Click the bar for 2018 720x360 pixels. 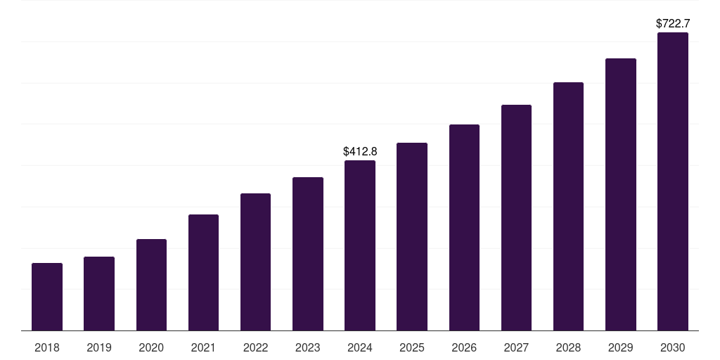click(47, 297)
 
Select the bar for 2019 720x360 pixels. click(99, 293)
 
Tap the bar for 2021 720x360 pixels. click(203, 273)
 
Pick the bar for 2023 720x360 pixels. click(308, 254)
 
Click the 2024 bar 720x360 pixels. click(360, 245)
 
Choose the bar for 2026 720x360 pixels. click(464, 228)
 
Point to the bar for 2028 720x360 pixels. click(568, 207)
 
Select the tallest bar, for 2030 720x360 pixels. click(673, 181)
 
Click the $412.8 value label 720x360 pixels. click(360, 151)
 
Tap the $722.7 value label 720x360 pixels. click(673, 23)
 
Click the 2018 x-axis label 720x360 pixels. click(47, 347)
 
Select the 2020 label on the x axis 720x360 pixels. click(151, 347)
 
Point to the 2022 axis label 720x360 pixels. click(255, 347)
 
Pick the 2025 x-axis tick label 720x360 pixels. click(412, 347)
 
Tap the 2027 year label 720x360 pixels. click(516, 347)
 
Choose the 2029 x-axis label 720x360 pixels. click(621, 347)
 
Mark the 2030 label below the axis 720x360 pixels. click(673, 347)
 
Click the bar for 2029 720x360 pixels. click(621, 195)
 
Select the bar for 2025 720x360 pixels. click(412, 237)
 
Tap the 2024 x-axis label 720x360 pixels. click(360, 347)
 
